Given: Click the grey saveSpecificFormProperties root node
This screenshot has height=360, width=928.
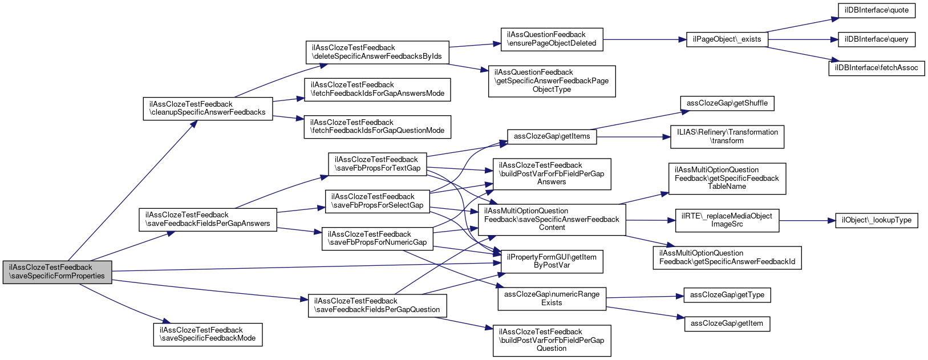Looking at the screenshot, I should point(57,272).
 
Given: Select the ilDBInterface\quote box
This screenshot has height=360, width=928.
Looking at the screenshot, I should point(876,10).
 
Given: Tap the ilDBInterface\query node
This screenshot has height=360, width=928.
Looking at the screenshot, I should point(876,39).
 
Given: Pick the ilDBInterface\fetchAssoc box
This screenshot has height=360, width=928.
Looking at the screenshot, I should point(876,68).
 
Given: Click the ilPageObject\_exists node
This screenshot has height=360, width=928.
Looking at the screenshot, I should point(727,39).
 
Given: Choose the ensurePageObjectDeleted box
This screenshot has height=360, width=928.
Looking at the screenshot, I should point(552,39).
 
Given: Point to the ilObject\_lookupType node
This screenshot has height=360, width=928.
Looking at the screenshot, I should point(876,220).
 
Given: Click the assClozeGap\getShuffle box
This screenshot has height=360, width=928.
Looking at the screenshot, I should point(727,103).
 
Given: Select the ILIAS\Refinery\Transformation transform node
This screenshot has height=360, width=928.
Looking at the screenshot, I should point(727,136).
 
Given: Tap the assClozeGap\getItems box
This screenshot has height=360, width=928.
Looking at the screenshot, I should point(552,136).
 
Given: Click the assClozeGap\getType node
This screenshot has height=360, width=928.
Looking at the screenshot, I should point(727,295).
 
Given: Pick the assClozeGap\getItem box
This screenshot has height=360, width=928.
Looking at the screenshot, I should point(727,323).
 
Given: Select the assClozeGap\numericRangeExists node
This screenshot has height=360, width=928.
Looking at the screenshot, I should point(552,298).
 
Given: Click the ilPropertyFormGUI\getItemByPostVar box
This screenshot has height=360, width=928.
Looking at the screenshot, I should point(552,261).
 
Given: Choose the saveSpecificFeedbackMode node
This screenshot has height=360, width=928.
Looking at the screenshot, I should point(208,334).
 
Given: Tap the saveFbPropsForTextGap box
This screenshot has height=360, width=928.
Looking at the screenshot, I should point(377,164).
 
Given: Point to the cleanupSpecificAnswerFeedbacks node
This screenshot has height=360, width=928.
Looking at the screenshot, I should point(208,108).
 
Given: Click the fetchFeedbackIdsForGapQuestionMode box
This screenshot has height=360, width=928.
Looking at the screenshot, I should point(377,127).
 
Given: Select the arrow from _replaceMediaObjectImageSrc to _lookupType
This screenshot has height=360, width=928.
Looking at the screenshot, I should point(807,220).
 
